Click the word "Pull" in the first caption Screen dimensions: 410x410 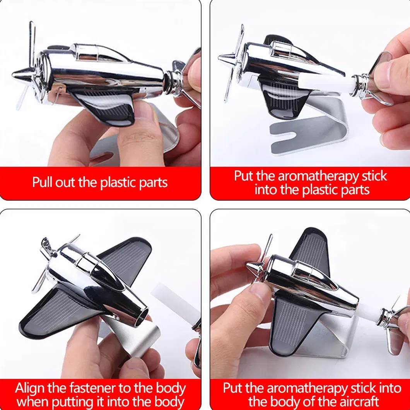click(x=43, y=182)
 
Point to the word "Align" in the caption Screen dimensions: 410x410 click(x=30, y=389)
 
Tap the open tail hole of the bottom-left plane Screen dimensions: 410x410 click(x=142, y=316)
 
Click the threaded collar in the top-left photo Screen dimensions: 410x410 click(x=173, y=82)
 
